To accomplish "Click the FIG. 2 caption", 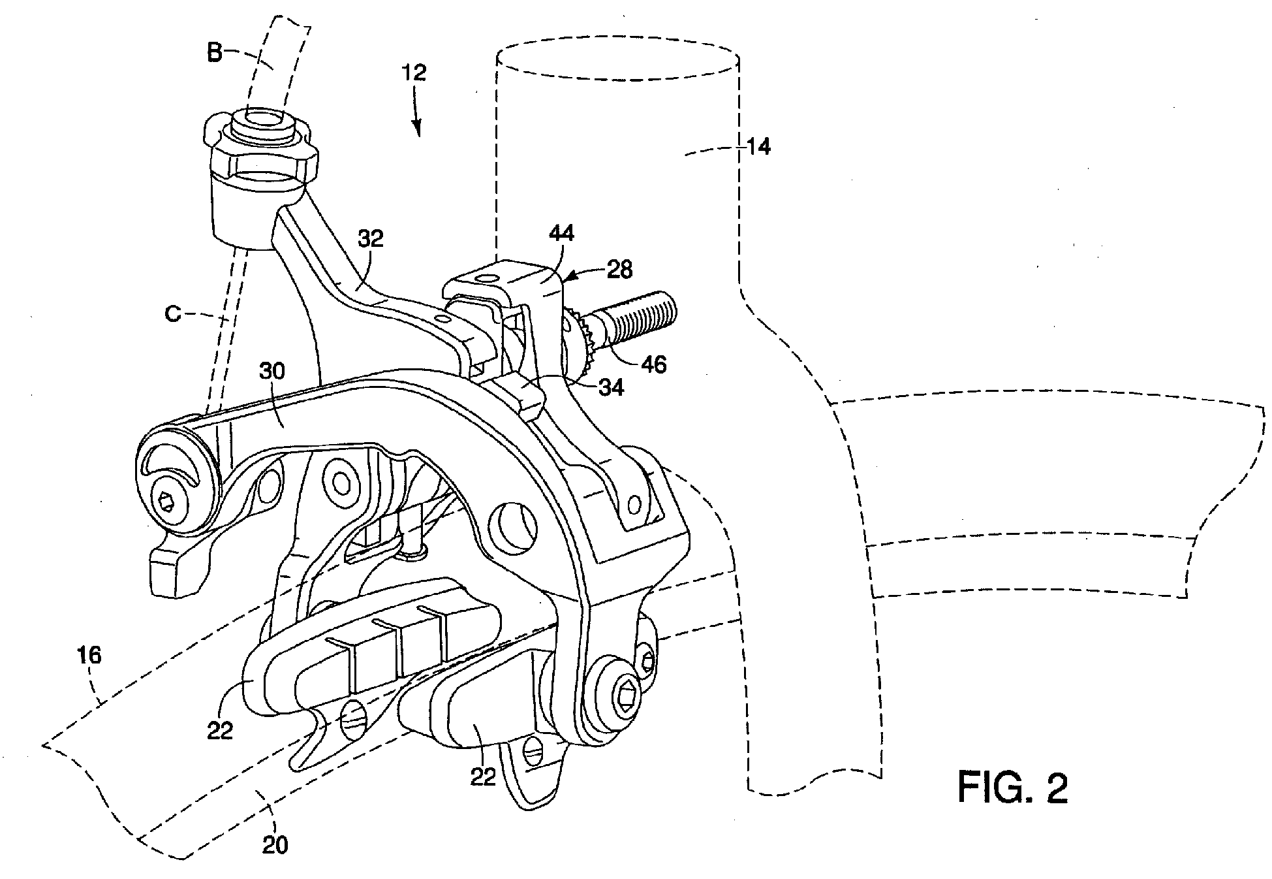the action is (1013, 787).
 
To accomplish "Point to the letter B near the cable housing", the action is (215, 54).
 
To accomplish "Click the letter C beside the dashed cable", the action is (173, 315).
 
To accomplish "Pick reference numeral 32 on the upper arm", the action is (370, 239).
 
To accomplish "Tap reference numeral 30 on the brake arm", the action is (273, 372).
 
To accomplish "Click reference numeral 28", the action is (619, 270).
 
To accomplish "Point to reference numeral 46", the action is (653, 364).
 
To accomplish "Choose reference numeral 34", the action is (610, 387).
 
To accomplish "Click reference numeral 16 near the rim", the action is (90, 654).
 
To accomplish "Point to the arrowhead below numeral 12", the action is (417, 128).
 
